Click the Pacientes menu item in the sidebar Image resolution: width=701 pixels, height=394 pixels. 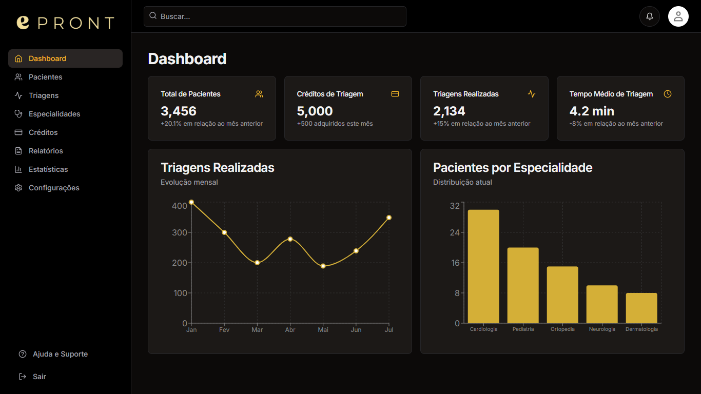tap(45, 77)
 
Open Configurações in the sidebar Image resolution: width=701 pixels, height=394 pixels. tap(54, 188)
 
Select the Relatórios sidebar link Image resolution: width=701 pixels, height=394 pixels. tap(46, 151)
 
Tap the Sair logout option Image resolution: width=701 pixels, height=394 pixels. tap(39, 377)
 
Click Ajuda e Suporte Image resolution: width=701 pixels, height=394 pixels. tap(60, 354)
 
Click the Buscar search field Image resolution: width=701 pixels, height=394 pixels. tap(275, 16)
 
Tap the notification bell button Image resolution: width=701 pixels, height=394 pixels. tap(649, 16)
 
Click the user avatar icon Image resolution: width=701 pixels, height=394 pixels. tap(678, 16)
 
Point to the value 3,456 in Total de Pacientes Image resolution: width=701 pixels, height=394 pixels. tap(179, 111)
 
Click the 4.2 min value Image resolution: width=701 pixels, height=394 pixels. tap(591, 111)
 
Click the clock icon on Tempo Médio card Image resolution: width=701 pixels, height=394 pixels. tap(667, 94)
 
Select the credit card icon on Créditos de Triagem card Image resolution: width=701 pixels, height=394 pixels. tap(395, 94)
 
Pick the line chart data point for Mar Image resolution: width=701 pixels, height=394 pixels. tap(257, 263)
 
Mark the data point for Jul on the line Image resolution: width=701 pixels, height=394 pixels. tap(389, 218)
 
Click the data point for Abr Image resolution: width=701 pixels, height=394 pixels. tap(290, 239)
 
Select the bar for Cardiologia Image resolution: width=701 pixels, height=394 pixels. tap(483, 266)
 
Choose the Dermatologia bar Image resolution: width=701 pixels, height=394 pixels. tap(641, 308)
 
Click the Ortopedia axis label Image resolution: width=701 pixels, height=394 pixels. tap(562, 329)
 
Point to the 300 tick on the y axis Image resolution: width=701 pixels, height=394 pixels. tap(180, 232)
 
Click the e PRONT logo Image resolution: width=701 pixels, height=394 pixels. tap(65, 23)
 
